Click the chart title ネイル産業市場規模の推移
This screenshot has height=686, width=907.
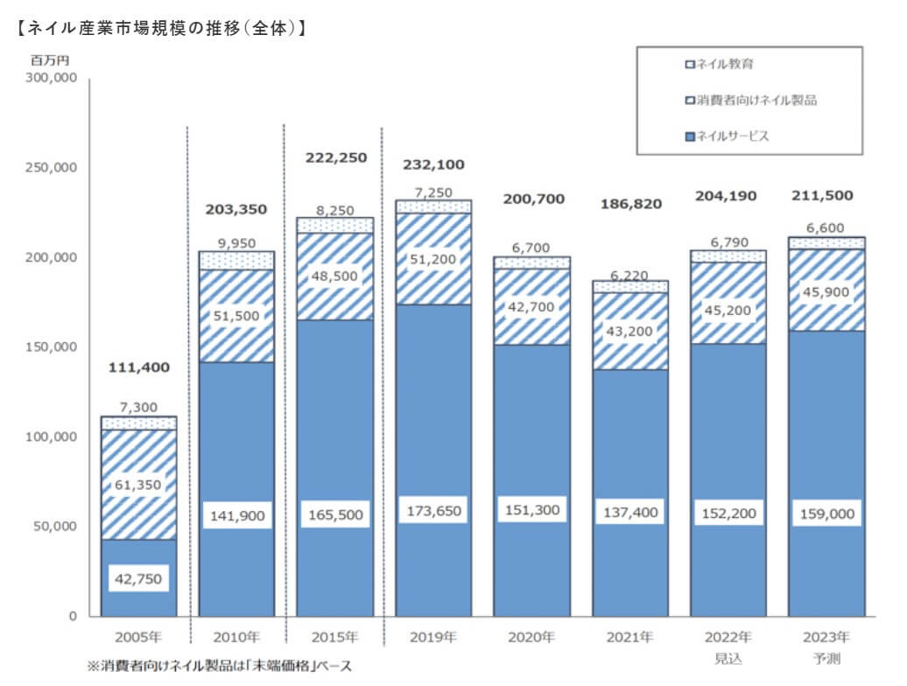pos(161,28)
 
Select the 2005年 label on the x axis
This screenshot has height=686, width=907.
pos(138,636)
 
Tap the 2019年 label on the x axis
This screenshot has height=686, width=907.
pos(432,636)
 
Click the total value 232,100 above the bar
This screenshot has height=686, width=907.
pos(433,164)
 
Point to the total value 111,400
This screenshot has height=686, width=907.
pos(138,367)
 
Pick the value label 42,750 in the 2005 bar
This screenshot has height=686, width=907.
pos(138,578)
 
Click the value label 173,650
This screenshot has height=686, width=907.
pos(433,508)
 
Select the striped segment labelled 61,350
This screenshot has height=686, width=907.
pos(138,485)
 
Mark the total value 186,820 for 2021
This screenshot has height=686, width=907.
pos(630,204)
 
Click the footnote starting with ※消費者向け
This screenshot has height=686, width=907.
pos(219,667)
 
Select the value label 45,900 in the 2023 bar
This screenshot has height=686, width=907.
pos(826,291)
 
